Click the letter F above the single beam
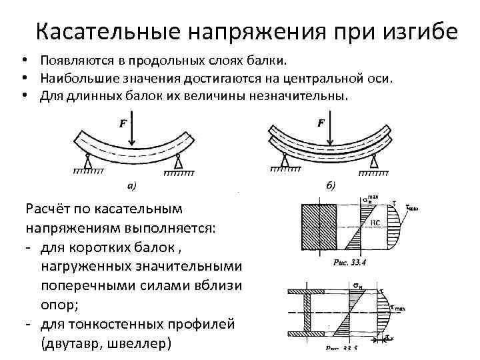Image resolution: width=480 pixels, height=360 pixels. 123,124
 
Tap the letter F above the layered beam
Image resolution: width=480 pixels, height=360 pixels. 321,123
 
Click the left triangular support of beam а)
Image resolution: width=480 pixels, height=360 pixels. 87,162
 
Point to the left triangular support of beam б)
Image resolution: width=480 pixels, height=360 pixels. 285,161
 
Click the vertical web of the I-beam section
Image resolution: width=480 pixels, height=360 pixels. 308,312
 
